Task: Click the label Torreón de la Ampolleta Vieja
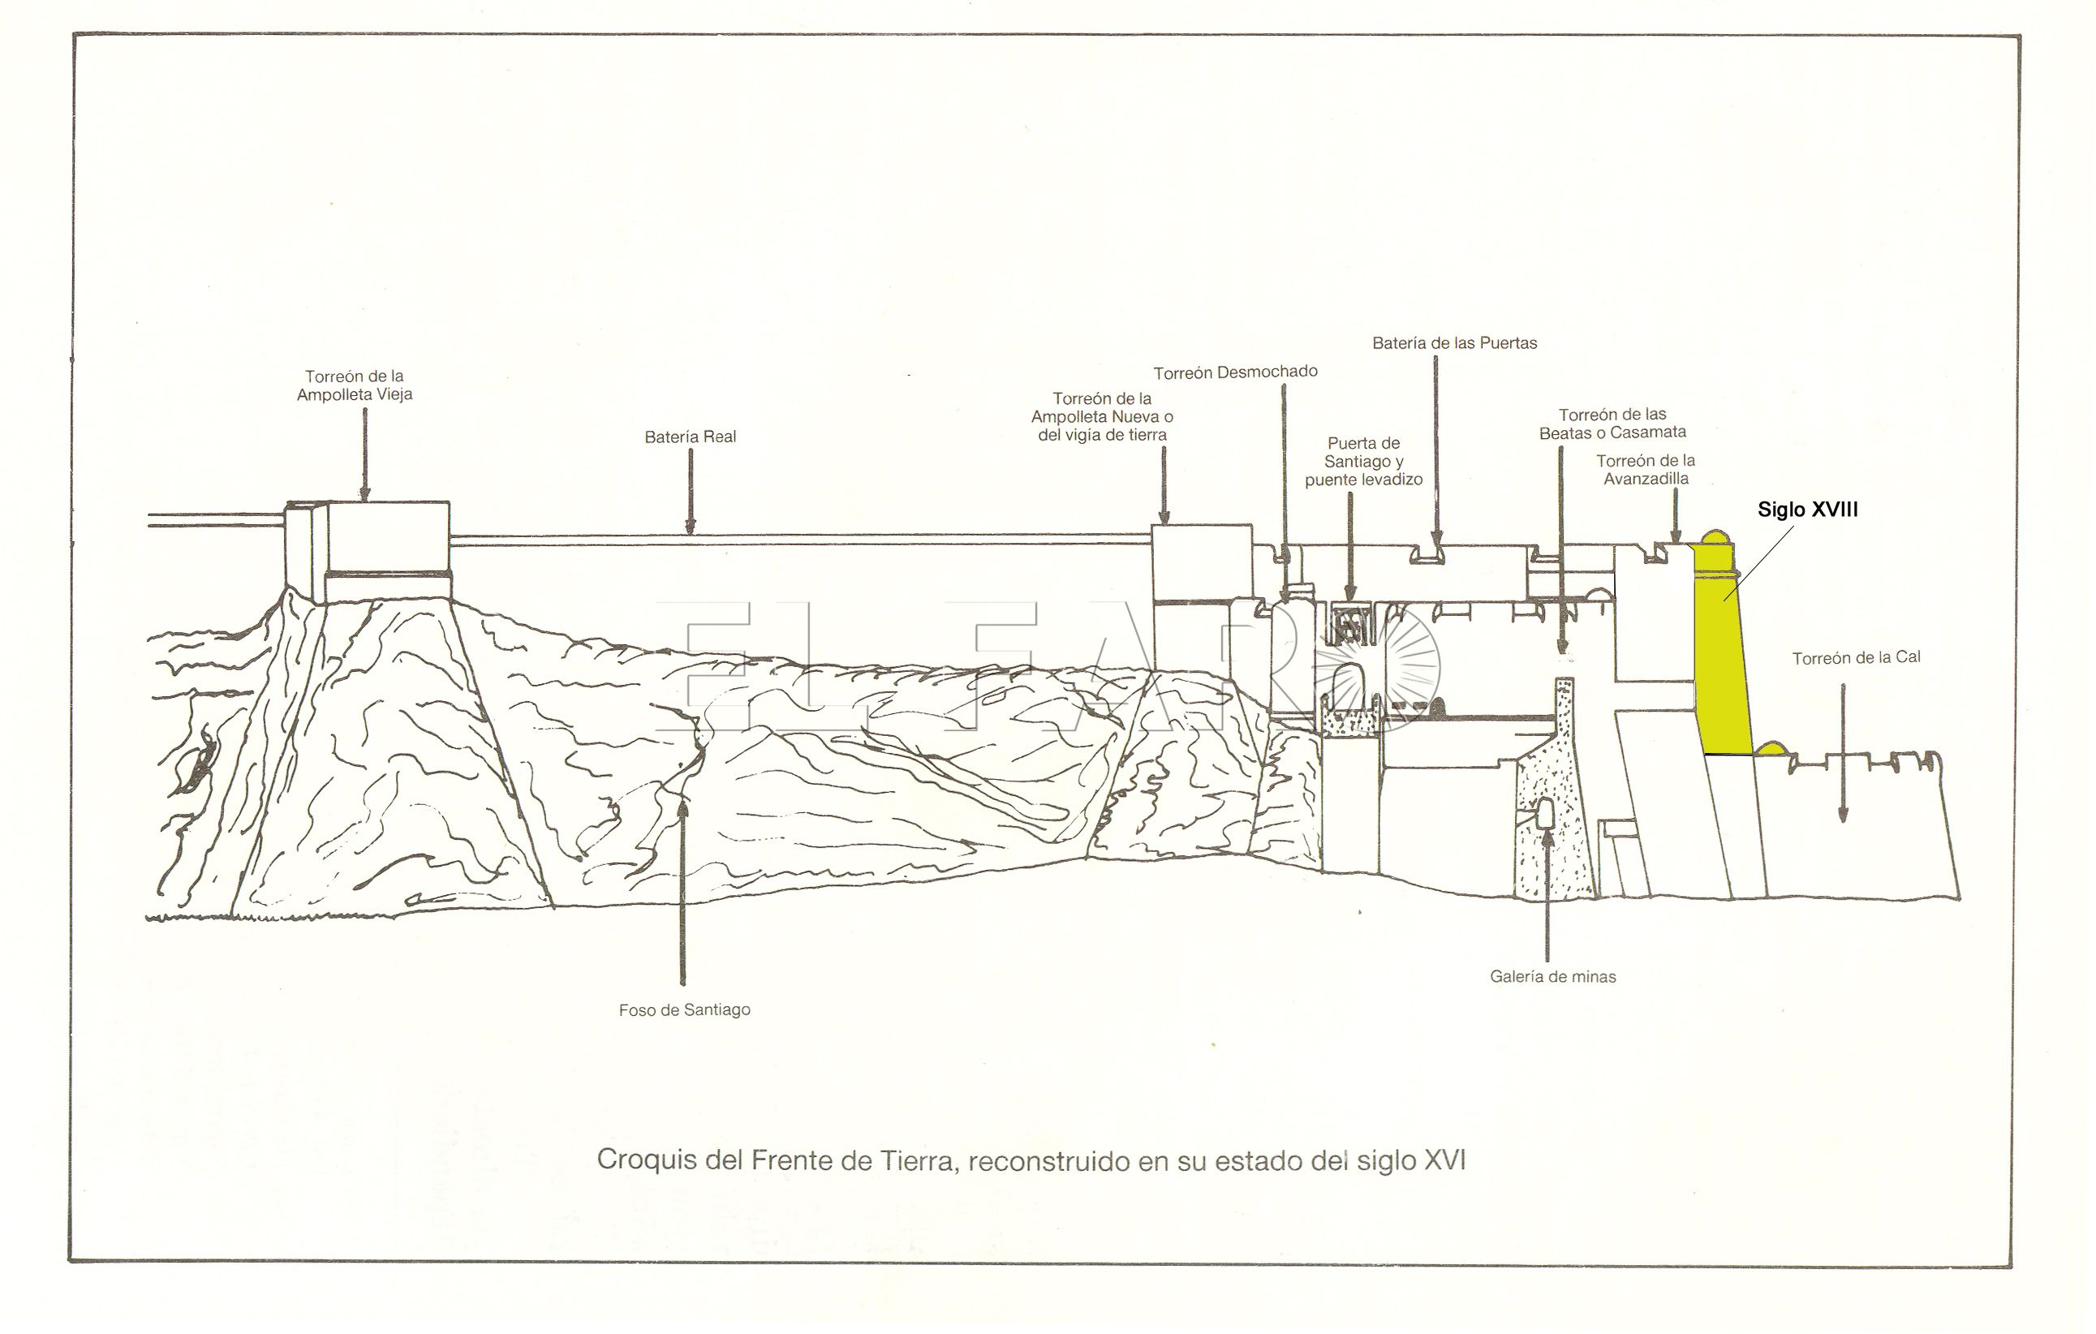355,385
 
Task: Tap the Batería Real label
691,437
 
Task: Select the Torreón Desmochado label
1235,372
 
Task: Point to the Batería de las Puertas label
1454,344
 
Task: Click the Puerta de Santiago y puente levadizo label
1363,462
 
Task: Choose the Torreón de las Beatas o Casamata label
1612,424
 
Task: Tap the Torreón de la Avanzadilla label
1645,470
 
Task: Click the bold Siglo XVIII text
1807,510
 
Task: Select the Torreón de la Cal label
1856,658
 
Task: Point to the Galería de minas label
1553,977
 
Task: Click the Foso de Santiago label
684,1010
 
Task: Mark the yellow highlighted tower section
1722,661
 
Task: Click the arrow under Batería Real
691,492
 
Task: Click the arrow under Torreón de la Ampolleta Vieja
364,454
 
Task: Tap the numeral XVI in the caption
1444,1161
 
